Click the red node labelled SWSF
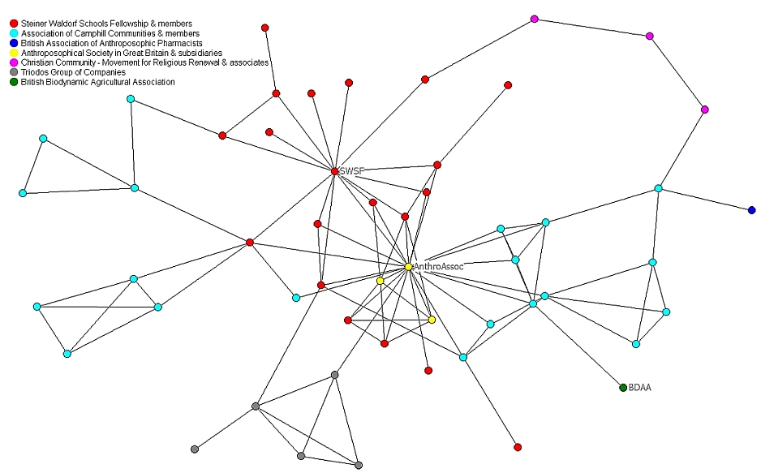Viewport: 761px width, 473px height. [334, 171]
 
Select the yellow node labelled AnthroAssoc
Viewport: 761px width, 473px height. [408, 266]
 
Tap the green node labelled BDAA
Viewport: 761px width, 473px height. [623, 388]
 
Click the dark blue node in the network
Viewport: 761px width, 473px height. [752, 210]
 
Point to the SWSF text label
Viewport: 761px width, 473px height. [352, 171]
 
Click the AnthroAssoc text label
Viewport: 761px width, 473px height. [438, 266]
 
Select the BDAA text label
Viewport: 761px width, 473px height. [640, 388]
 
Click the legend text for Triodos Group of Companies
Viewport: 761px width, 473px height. [73, 72]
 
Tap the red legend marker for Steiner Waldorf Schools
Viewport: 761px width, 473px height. [13, 24]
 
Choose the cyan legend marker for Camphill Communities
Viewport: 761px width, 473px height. [13, 33]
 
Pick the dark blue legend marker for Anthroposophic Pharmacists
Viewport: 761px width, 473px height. [13, 43]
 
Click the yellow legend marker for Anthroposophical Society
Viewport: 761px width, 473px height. [13, 53]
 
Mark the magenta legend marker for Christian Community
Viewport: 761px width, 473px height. [13, 62]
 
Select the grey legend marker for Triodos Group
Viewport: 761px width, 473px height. [13, 72]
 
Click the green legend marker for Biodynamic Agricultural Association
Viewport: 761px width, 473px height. [13, 82]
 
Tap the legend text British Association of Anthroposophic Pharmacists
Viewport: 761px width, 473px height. [111, 43]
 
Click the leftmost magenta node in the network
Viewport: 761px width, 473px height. [534, 19]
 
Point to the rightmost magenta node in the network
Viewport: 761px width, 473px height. [704, 110]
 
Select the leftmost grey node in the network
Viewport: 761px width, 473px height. [195, 449]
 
